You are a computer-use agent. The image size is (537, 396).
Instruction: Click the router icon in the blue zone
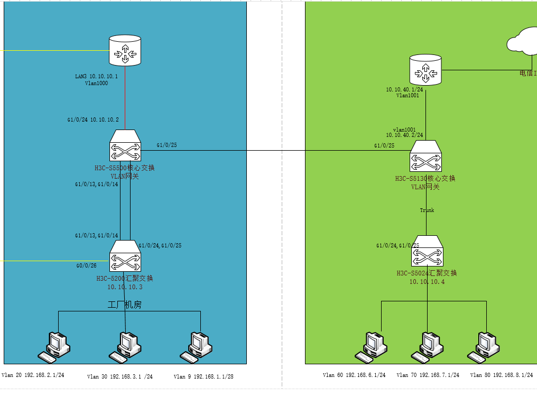(x=125, y=51)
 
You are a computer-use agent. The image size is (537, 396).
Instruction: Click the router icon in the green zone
(x=425, y=69)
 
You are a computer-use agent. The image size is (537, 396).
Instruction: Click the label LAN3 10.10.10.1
(x=97, y=77)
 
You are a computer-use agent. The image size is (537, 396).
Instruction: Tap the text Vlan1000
(x=96, y=83)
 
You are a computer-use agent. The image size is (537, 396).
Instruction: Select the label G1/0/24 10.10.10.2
(x=93, y=119)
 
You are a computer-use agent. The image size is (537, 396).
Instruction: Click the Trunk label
(x=427, y=210)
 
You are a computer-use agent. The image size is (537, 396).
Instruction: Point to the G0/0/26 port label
(x=86, y=265)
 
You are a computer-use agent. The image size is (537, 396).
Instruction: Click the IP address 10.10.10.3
(x=125, y=287)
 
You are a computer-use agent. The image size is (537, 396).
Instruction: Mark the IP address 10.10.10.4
(x=427, y=282)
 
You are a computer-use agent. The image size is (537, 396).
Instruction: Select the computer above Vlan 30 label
(x=127, y=347)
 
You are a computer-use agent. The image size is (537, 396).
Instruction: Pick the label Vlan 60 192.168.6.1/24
(x=354, y=375)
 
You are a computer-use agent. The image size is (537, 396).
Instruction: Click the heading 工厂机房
(x=125, y=305)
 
